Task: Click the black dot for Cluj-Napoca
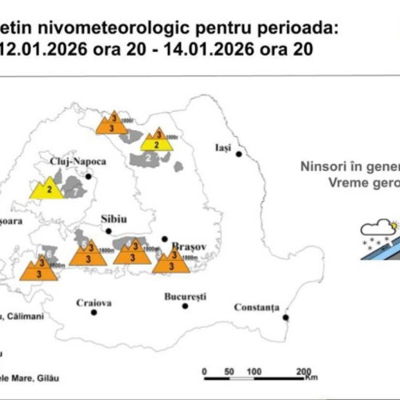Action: pyautogui.click(x=89, y=176)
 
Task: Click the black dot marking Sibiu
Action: pyautogui.click(x=109, y=230)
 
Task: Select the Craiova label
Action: pyautogui.click(x=94, y=302)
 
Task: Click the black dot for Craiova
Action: pyautogui.click(x=94, y=312)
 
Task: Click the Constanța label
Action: pyautogui.click(x=256, y=306)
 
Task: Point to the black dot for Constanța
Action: pyautogui.click(x=285, y=318)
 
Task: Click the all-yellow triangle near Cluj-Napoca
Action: pyautogui.click(x=48, y=190)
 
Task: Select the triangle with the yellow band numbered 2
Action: pyautogui.click(x=158, y=141)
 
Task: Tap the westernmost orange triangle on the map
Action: pyautogui.click(x=38, y=266)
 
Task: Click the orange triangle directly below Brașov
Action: pyautogui.click(x=170, y=261)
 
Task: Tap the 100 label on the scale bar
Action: pyautogui.click(x=254, y=372)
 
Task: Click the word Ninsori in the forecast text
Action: pyautogui.click(x=322, y=167)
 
